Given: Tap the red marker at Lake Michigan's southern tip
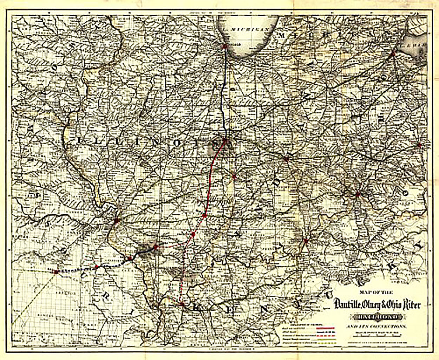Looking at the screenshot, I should (225, 46).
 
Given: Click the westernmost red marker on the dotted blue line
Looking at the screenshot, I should (55, 271).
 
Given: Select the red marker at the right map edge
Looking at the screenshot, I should (419, 144).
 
